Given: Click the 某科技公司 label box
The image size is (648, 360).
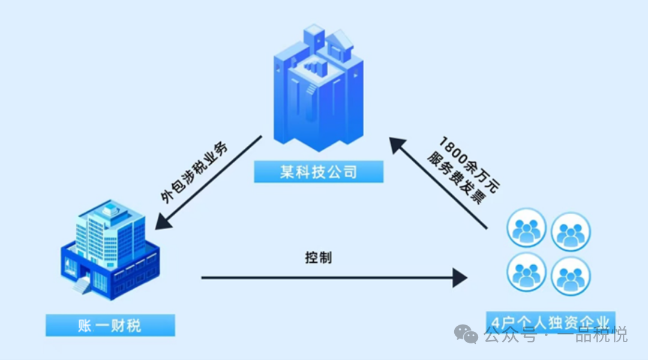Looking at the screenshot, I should click(319, 172).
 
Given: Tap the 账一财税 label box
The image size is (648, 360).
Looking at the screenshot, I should click(110, 326).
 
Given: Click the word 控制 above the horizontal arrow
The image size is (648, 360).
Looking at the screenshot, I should click(318, 258).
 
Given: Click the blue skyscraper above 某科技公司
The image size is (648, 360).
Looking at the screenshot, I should click(319, 90).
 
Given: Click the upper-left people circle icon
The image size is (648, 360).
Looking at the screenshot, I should click(526, 229).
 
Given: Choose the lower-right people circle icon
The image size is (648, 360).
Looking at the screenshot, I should click(571, 276).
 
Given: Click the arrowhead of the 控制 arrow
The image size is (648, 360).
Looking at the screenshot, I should click(460, 278).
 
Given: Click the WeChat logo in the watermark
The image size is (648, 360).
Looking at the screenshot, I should click(466, 334).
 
